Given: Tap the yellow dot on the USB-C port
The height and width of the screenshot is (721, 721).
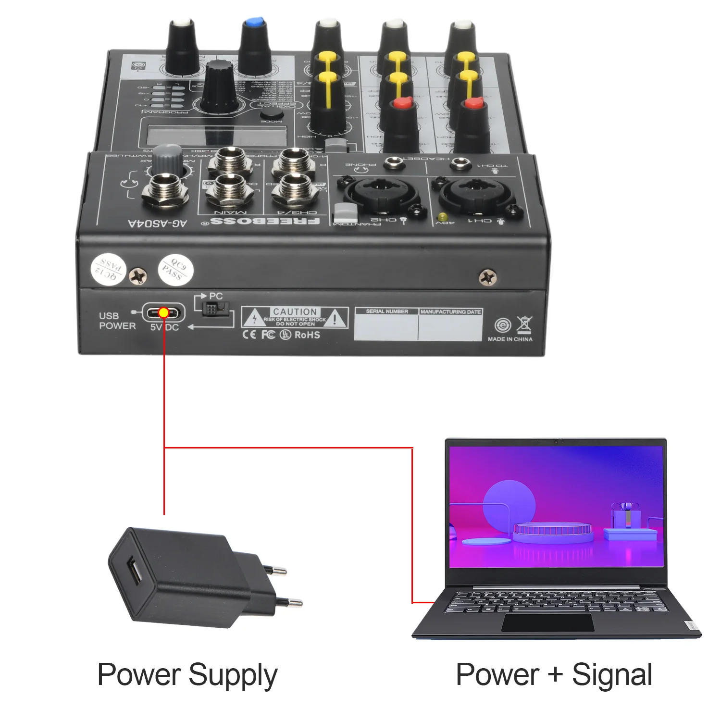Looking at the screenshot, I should [163, 313].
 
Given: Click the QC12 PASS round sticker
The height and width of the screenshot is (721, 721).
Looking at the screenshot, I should [108, 270].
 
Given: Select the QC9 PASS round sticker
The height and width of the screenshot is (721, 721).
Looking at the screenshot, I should [175, 270].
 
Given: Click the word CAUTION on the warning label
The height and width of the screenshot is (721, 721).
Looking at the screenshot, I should [295, 311].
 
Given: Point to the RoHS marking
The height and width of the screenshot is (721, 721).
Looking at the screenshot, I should [307, 335].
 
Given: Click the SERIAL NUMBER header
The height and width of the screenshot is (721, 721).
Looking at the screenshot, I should [386, 311].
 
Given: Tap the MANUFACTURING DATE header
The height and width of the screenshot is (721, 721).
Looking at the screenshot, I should [450, 311].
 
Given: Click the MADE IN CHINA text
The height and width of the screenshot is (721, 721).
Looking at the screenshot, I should [510, 339].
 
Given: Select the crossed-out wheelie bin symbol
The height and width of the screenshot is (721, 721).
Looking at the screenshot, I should [524, 324].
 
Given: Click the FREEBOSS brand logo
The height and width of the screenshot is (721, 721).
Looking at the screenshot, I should [265, 222].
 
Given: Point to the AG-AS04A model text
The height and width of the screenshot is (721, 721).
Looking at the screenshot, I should [157, 224].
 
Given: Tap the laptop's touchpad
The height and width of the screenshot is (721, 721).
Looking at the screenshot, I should [548, 623].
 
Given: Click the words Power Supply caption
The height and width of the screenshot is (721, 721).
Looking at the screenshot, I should [187, 675].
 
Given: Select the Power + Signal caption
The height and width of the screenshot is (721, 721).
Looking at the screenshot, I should [554, 674].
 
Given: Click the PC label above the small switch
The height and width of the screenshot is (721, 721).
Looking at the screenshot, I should [216, 296].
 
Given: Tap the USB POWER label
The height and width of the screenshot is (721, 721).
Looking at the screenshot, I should [117, 321].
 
